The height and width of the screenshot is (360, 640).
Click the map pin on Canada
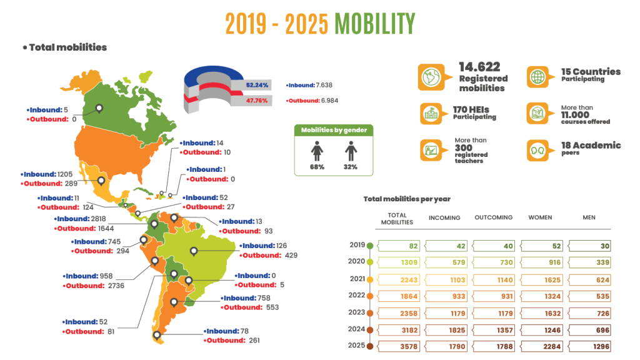click(99, 109)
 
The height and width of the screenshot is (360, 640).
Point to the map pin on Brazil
click(194, 252)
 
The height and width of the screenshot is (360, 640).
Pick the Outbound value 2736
click(118, 286)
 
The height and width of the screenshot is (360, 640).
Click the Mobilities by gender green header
click(334, 130)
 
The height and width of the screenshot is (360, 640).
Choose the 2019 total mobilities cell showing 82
click(397, 246)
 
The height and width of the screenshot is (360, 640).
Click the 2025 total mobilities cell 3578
click(397, 346)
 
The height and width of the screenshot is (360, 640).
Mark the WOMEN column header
click(543, 217)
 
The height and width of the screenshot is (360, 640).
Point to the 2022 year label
click(357, 296)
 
